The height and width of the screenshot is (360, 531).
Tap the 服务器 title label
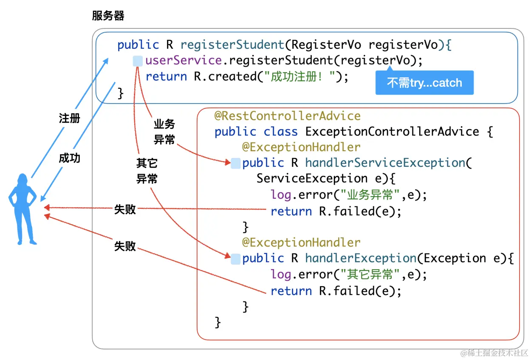(108, 16)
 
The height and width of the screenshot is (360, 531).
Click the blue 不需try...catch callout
(424, 82)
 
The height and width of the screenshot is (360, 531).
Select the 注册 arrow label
(69, 118)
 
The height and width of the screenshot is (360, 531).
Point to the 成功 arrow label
(69, 158)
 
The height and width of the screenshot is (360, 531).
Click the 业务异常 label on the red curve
(164, 132)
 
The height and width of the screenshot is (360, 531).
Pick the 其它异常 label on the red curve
(147, 171)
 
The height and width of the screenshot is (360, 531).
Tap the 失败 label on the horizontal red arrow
(125, 209)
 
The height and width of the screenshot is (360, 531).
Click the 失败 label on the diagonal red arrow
(125, 246)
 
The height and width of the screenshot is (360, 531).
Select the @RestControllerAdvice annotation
(287, 116)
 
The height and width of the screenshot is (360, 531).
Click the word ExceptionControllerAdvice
(392, 132)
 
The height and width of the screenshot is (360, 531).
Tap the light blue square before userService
(138, 61)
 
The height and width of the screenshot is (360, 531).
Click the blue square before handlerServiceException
(235, 163)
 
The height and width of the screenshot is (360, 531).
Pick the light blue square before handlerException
(235, 259)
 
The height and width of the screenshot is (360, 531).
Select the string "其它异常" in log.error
(369, 275)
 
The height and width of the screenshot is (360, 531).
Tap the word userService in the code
(183, 60)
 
